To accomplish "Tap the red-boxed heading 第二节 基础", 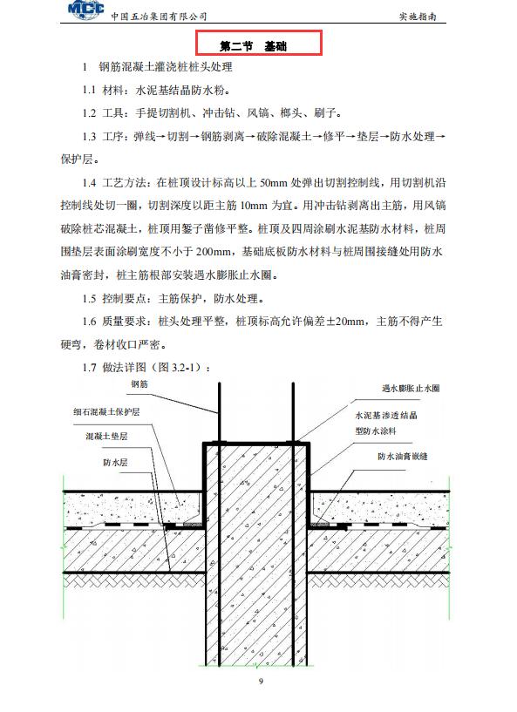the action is [259, 44].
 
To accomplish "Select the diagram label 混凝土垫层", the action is [106, 436].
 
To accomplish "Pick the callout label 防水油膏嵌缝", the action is [406, 456].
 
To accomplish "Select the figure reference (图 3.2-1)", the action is [180, 367].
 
